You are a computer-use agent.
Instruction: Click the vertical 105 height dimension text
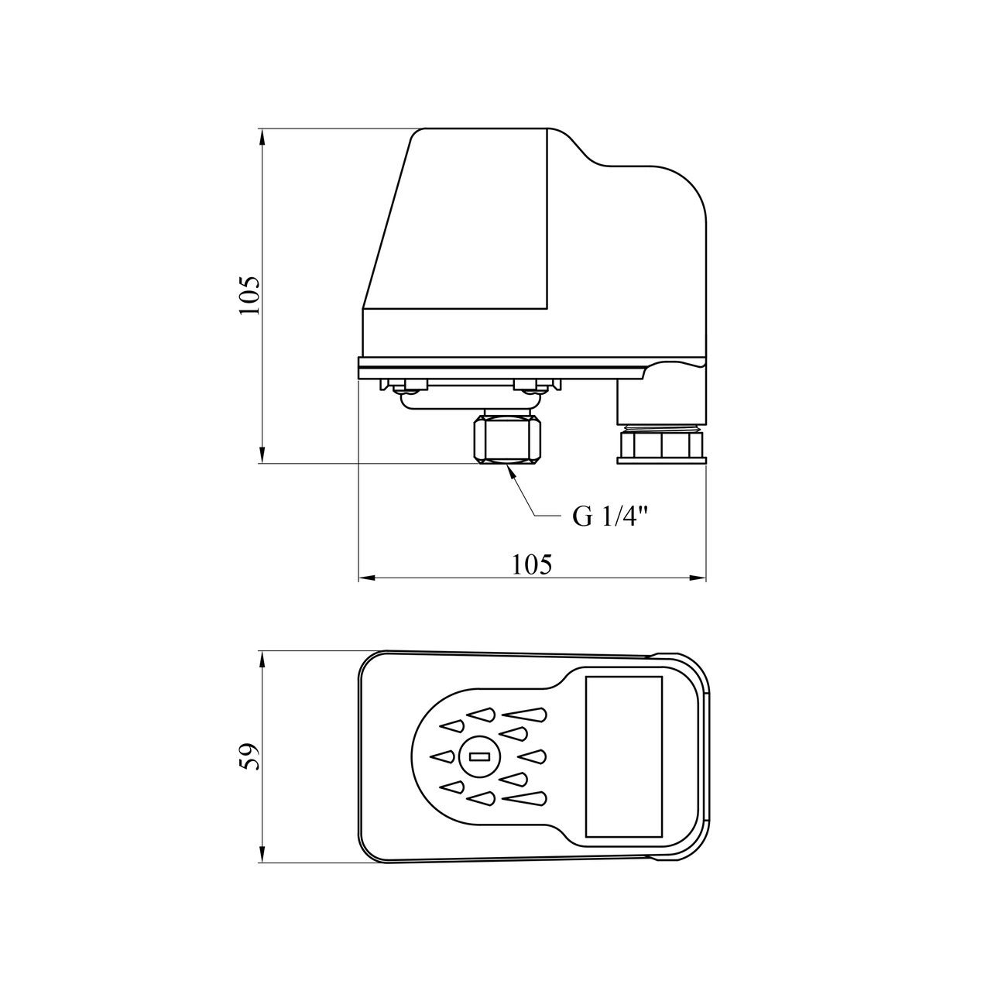(x=250, y=297)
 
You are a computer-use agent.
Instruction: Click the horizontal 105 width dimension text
(x=532, y=564)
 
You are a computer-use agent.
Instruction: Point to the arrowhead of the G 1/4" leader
(x=510, y=470)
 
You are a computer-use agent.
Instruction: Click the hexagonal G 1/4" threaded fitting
(x=507, y=441)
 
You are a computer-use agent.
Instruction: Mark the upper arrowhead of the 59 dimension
(x=262, y=659)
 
